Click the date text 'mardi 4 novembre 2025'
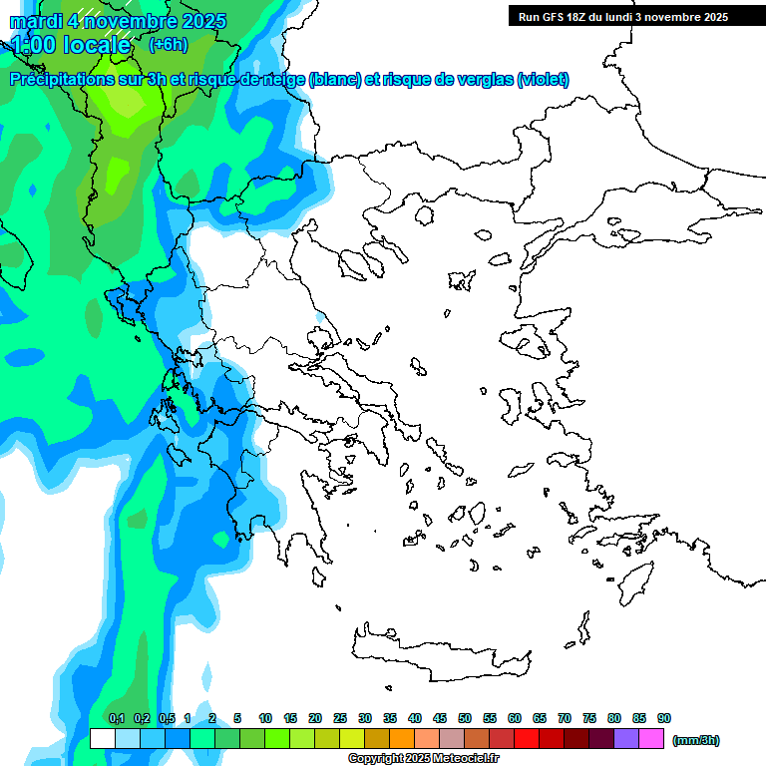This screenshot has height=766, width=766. point(118,21)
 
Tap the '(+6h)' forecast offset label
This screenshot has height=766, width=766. point(168,44)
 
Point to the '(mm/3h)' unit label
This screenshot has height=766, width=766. point(696,740)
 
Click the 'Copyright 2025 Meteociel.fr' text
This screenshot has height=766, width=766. point(423,759)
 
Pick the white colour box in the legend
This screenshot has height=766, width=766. point(102,739)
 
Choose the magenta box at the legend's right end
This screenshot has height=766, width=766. point(652,739)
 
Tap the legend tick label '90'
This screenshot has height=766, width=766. point(664,718)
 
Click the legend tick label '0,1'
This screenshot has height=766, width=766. point(117,718)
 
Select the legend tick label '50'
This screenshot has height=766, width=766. point(465,718)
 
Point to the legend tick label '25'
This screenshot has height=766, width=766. point(340,718)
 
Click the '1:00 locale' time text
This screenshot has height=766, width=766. point(72,45)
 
